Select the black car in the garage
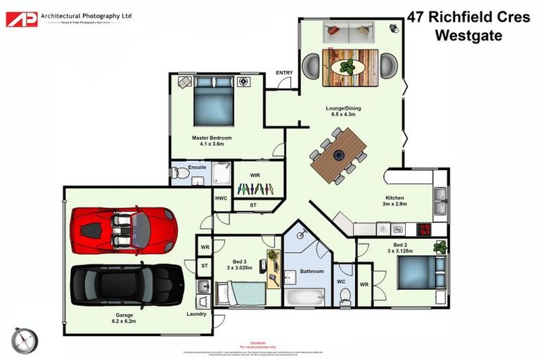tap(127, 283)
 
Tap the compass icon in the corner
tap(25, 340)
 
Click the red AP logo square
tap(21, 19)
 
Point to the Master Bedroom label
tap(212, 138)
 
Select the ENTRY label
tap(284, 72)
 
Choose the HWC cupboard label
tap(221, 198)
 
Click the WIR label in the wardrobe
tap(257, 175)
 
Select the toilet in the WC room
tap(345, 297)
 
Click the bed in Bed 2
tap(420, 272)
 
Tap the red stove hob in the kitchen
tap(425, 229)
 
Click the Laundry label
tap(196, 314)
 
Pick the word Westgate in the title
tap(469, 35)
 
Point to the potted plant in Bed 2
tap(440, 247)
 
